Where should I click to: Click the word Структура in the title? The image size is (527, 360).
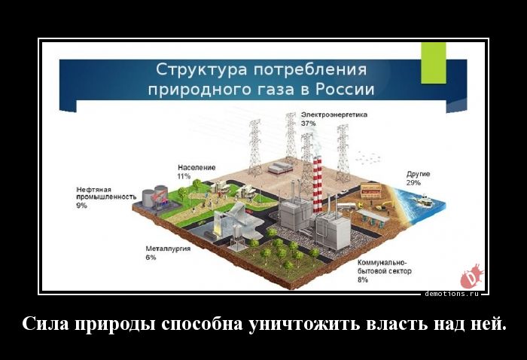tap(202, 69)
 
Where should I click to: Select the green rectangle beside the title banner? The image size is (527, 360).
tap(434, 63)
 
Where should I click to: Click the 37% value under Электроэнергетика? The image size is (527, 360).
tap(308, 124)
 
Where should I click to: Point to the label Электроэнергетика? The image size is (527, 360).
tap(334, 114)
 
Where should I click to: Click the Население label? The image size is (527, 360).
tap(196, 167)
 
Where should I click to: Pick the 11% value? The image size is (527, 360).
tap(184, 176)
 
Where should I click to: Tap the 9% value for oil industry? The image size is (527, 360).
tap(81, 206)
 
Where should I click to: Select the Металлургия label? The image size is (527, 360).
tap(168, 249)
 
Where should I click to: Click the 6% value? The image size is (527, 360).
tap(151, 258)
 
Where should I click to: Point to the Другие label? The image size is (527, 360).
tap(418, 174)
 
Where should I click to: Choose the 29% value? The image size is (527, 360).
tap(413, 183)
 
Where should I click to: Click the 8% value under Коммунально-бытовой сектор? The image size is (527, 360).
tap(363, 279)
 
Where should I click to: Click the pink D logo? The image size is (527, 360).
tap(471, 276)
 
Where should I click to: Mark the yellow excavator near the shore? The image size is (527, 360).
tap(383, 205)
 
